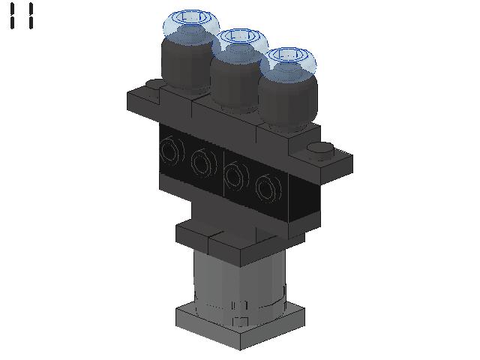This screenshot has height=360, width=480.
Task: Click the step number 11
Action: [22, 16]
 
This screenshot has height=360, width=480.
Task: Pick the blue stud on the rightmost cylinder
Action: [289, 60]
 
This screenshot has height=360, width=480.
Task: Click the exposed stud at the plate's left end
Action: [154, 85]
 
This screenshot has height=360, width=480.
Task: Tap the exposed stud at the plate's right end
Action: [320, 150]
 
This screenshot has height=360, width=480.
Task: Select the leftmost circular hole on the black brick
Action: [172, 151]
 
